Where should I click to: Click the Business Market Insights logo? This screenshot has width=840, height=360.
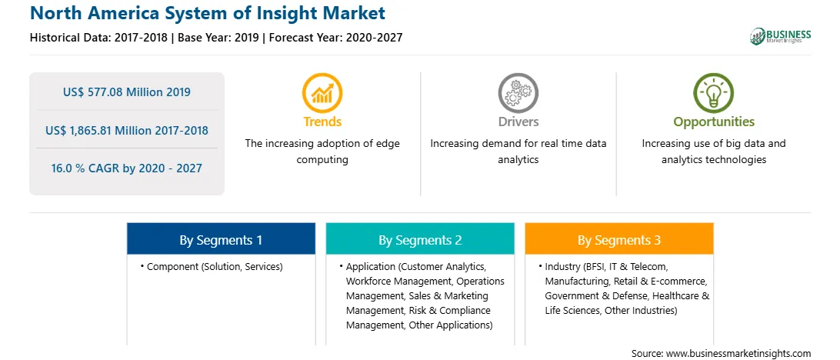click(x=781, y=36)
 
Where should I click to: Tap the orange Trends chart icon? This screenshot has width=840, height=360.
click(x=322, y=93)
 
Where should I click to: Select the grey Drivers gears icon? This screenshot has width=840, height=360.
click(x=518, y=93)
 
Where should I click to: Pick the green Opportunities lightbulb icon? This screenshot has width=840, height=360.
click(x=714, y=93)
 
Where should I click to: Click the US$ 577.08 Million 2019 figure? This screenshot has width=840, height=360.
click(x=126, y=92)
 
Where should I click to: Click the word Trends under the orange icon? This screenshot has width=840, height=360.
click(x=322, y=122)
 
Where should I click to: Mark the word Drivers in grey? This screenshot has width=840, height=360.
click(x=518, y=122)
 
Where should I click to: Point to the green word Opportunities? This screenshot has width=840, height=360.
click(x=714, y=122)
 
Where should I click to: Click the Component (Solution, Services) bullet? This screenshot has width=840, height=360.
click(x=212, y=266)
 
